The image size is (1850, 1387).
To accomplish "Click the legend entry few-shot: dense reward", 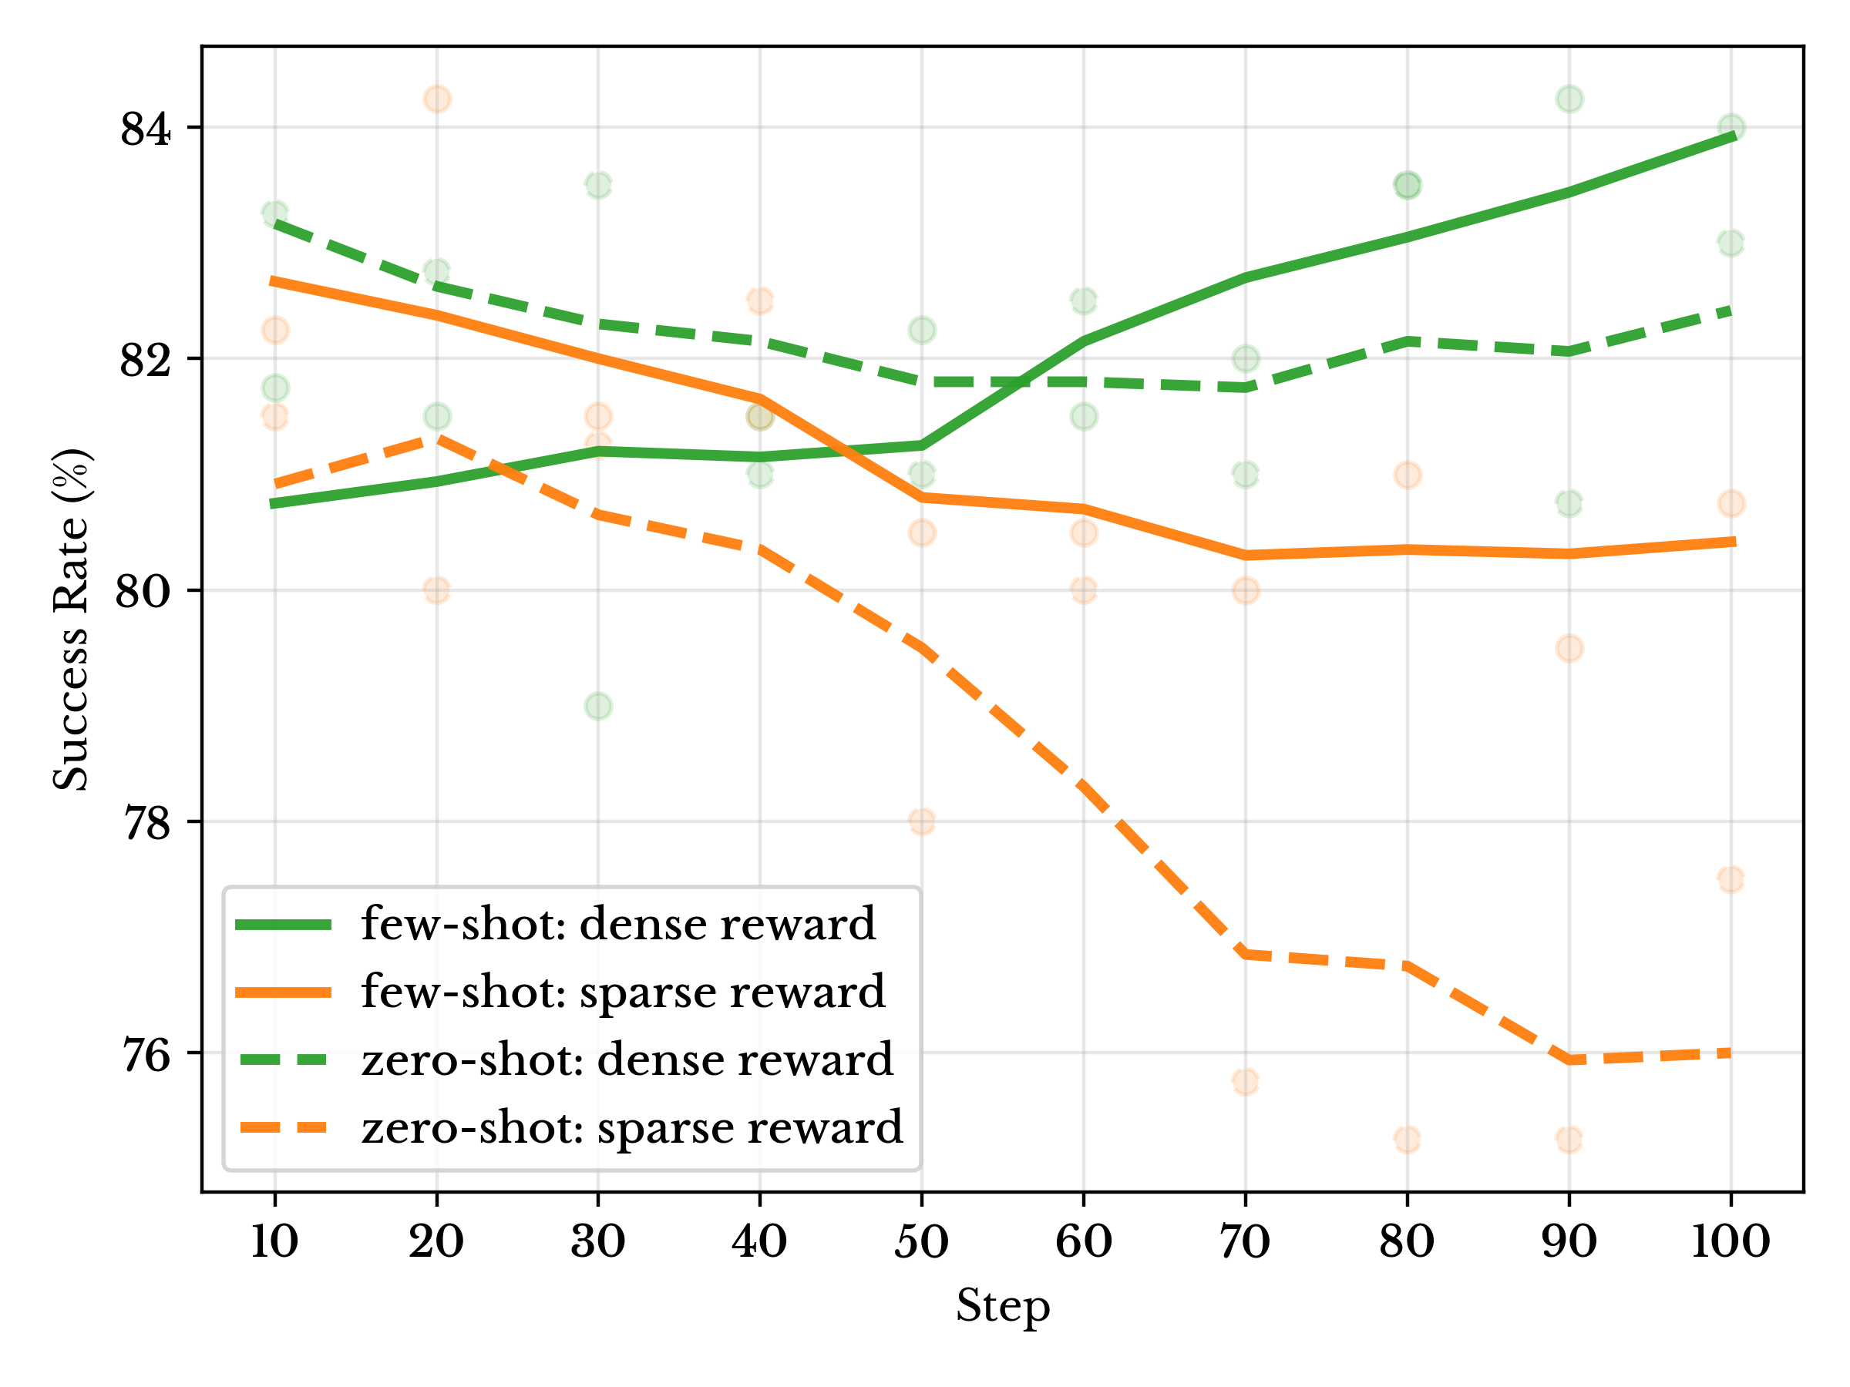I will point(618,925).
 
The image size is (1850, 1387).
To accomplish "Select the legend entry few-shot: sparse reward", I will point(623,992).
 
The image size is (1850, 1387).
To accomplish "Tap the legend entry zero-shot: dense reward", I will point(627,1060).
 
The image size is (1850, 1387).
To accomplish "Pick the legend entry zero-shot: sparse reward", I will point(632,1128).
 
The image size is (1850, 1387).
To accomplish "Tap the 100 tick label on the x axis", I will point(1731,1241).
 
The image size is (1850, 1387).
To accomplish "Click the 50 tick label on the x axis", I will point(922,1241).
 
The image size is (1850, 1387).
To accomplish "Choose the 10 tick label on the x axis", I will point(274,1241).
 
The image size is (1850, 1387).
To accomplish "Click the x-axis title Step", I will point(1003,1306).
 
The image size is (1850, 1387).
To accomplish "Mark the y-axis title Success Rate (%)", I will point(71,620).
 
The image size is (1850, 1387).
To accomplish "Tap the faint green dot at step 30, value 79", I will point(598,707).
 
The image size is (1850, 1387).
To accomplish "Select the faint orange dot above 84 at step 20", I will point(436,99).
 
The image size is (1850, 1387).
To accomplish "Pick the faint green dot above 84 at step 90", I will point(1569,99).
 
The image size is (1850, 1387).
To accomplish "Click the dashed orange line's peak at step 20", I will point(436,437).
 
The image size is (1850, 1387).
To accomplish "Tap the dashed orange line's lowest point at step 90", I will point(1569,1060).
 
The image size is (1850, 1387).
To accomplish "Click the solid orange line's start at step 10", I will point(274,281).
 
